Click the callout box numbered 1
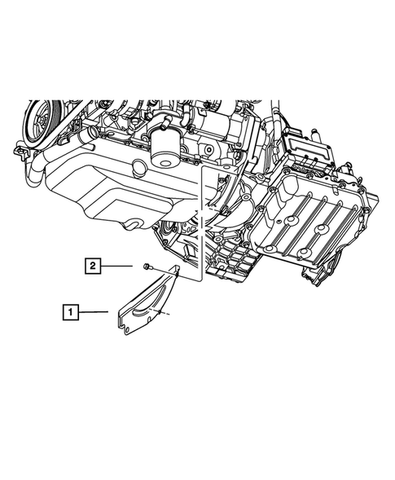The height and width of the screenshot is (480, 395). click(x=73, y=310)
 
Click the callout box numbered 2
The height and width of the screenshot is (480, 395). click(x=94, y=265)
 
